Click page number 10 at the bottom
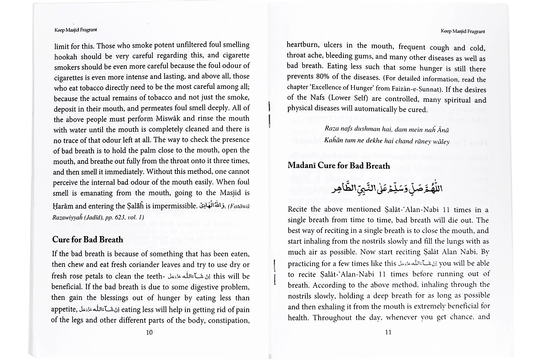pos(149,332)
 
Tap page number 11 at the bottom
pos(388,332)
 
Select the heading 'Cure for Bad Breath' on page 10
pos(87,239)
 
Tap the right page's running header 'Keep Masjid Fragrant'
pos(463,31)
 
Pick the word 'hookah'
pos(66,57)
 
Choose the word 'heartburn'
pos(302,45)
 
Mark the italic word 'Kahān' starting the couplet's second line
pos(332,140)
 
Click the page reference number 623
pos(117,217)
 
